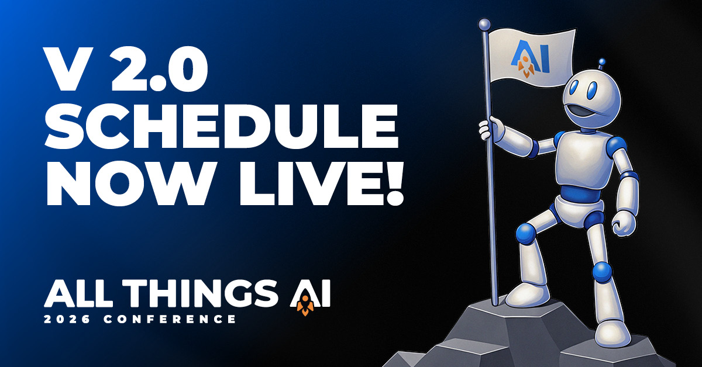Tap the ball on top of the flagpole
click(483, 24)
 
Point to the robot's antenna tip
click(601, 61)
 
